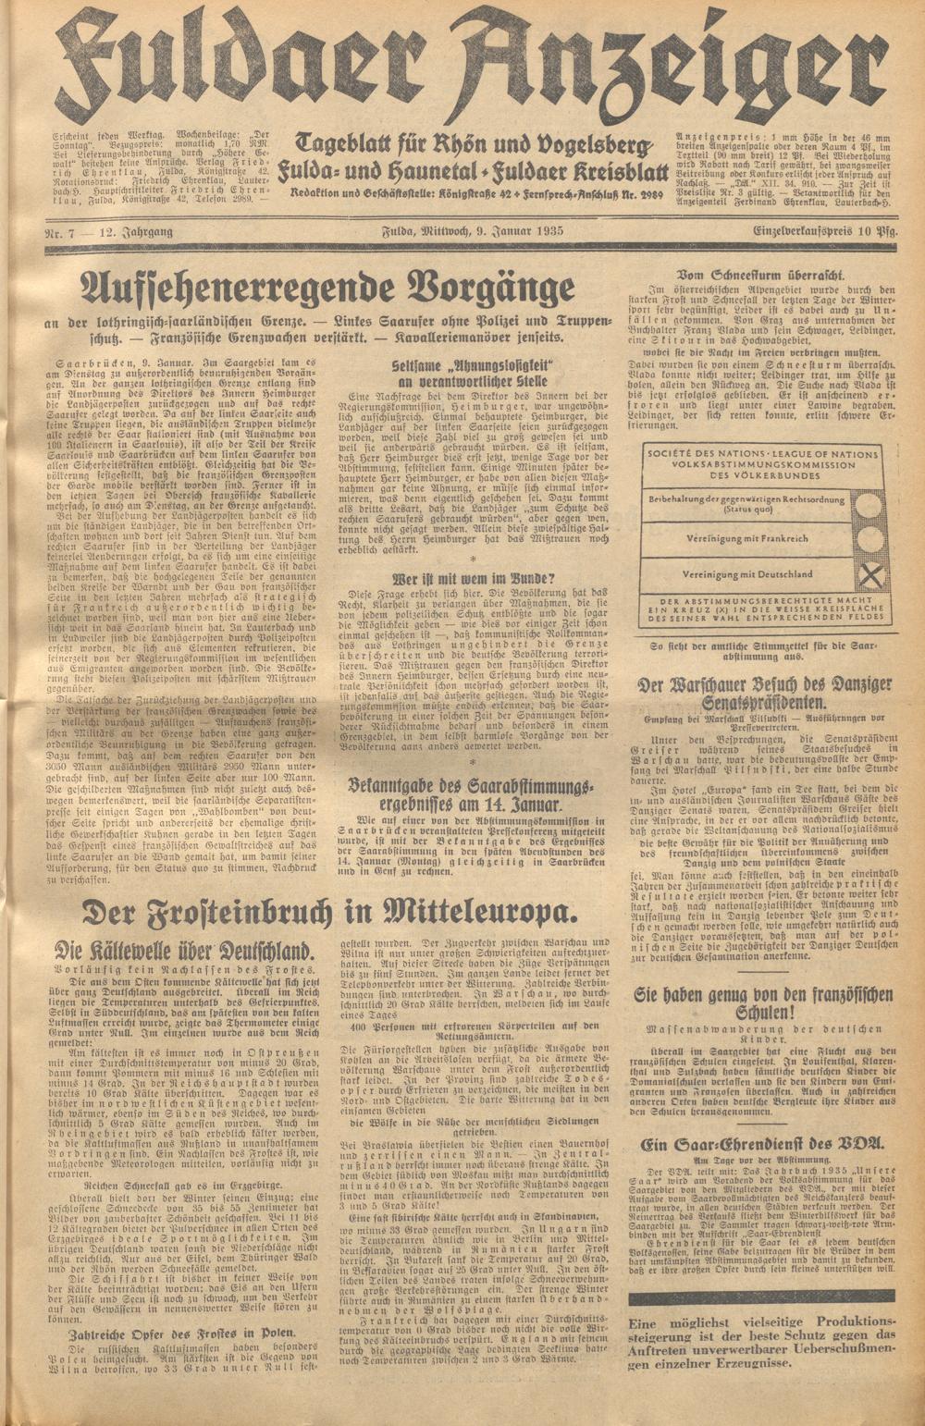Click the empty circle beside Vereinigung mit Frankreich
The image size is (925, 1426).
pyautogui.click(x=870, y=540)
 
